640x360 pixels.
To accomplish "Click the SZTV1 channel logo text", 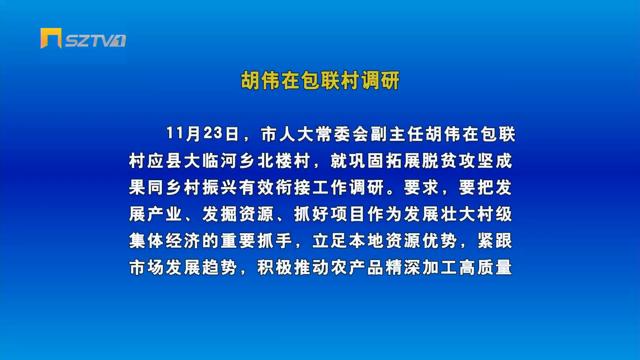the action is pyautogui.click(x=95, y=41).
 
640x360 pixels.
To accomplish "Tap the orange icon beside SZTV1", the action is pyautogui.click(x=51, y=38).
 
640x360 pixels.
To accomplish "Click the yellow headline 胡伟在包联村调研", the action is pyautogui.click(x=320, y=80).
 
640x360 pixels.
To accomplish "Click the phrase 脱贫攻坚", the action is pyautogui.click(x=458, y=161).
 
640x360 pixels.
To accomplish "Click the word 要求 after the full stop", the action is pyautogui.click(x=421, y=187).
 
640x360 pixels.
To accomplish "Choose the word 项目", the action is pyautogui.click(x=348, y=214).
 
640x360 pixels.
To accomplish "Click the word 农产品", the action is pyautogui.click(x=357, y=267).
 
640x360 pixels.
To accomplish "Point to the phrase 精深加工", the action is pyautogui.click(x=421, y=267).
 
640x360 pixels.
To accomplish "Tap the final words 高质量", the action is pyautogui.click(x=485, y=267).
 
